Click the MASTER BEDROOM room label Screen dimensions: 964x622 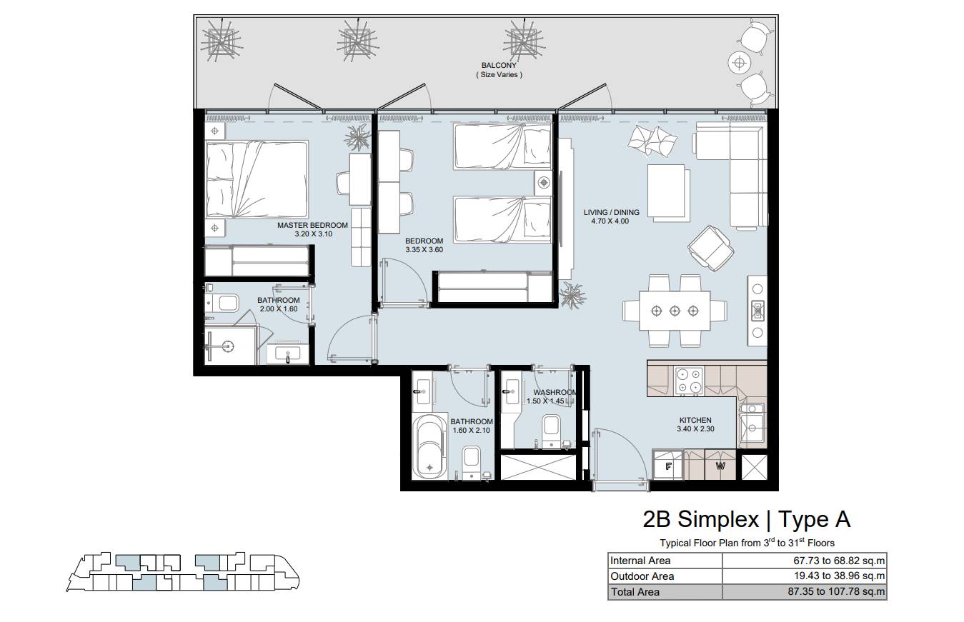(x=312, y=225)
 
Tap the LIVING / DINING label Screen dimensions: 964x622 (x=611, y=213)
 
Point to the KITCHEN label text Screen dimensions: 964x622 (x=695, y=420)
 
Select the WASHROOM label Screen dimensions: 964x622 (x=555, y=392)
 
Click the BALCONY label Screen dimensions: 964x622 (x=499, y=66)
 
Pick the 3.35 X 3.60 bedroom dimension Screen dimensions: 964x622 (x=424, y=249)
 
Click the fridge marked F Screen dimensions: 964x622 (x=668, y=465)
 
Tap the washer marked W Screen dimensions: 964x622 (x=720, y=465)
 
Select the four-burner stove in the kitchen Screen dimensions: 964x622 (x=689, y=381)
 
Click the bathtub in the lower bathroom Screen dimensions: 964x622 (x=429, y=446)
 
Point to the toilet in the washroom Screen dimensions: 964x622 (x=552, y=430)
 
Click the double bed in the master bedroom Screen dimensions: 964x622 (x=257, y=179)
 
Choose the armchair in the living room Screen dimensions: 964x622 (x=711, y=249)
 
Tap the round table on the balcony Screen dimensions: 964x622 (x=740, y=64)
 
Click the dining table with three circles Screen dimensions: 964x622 (x=675, y=311)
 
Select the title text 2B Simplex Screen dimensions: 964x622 (x=700, y=519)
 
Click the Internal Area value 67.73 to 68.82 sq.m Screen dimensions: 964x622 (x=839, y=561)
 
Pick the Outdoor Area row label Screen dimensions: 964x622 (x=642, y=576)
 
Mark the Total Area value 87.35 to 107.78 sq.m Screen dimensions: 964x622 (x=836, y=591)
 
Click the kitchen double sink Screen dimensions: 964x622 (x=752, y=423)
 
